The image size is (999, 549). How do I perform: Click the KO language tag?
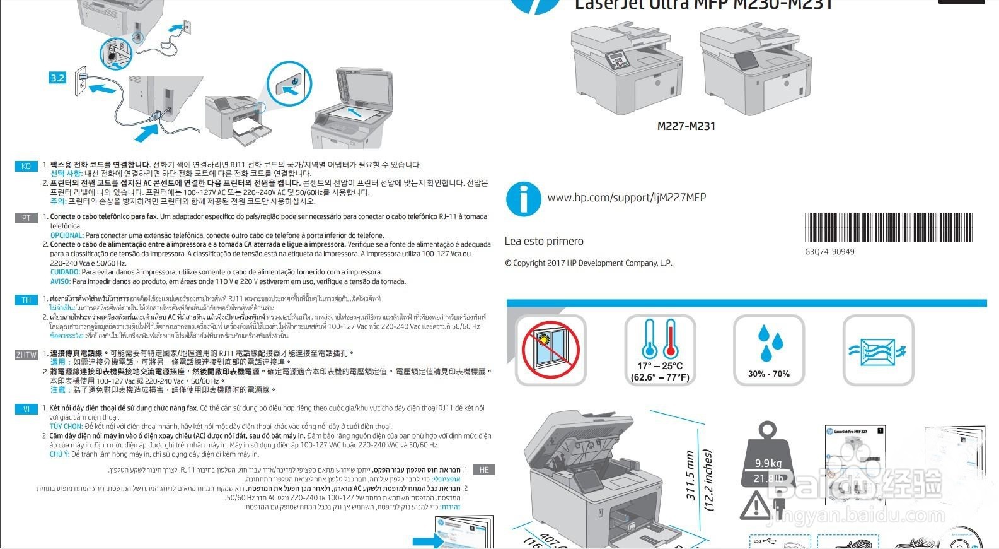26,167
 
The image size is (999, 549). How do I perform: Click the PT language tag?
26,218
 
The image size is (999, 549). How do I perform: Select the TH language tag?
26,300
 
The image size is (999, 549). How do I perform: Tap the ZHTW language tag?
26,355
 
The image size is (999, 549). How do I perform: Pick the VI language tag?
26,410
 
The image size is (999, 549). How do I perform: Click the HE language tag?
484,470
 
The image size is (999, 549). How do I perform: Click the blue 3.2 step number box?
57,78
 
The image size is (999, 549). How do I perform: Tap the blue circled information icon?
523,199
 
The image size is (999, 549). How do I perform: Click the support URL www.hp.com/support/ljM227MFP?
627,198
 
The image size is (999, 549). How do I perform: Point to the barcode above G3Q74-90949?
889,227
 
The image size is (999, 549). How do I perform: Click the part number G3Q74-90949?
829,252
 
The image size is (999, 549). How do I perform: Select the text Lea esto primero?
544,241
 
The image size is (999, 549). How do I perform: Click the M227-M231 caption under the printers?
686,126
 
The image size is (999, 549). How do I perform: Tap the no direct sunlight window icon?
550,350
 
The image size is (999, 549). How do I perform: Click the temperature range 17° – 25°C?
660,366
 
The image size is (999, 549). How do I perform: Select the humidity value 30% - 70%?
768,374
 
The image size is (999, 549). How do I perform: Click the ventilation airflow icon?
877,350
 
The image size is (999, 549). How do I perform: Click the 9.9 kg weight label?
768,463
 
